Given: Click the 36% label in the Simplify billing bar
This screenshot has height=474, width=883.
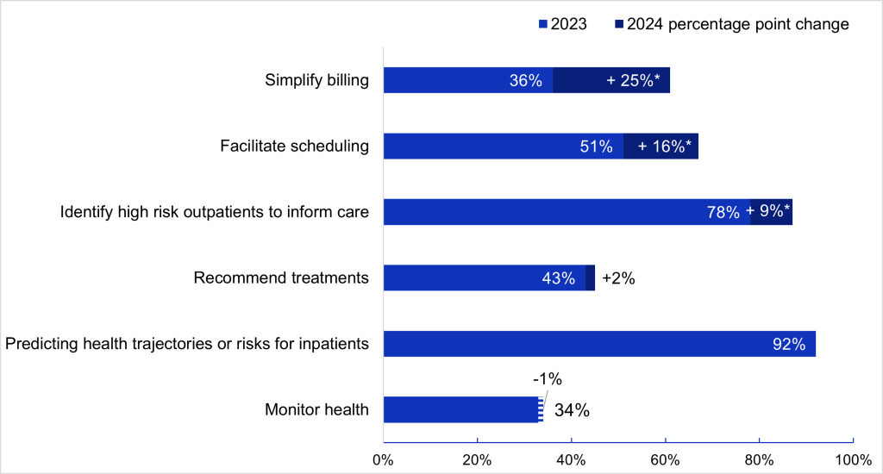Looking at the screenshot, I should (525, 81).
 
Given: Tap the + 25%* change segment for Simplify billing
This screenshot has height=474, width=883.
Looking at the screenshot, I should (633, 81).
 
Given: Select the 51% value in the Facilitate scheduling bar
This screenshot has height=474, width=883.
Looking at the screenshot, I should (597, 147).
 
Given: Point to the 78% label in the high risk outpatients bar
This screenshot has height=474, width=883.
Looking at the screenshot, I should (723, 212).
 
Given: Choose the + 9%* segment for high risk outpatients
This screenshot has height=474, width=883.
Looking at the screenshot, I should (769, 212).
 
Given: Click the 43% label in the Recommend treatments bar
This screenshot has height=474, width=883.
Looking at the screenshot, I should (558, 278).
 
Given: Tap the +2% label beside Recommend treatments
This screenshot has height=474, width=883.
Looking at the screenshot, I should (618, 278).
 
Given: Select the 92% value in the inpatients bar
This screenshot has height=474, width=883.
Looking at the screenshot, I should (789, 344).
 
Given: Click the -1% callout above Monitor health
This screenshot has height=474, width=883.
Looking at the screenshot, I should (546, 378).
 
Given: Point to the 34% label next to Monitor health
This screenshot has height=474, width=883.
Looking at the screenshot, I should (571, 410).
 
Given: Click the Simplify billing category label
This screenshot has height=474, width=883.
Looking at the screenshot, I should (316, 81).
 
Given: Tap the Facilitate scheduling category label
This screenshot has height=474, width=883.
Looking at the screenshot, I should (294, 147).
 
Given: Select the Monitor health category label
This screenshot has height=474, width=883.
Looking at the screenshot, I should (316, 409).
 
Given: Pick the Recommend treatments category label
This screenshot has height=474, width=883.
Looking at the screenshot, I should (281, 278).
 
